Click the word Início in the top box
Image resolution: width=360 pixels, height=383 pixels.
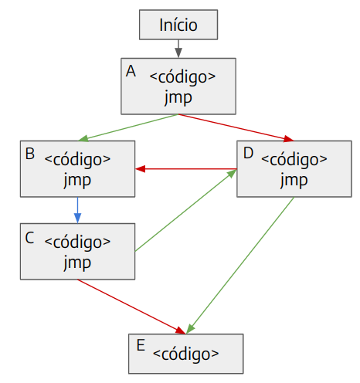178,25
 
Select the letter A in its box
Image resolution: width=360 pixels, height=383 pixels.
131,71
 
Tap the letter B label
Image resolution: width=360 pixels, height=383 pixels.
30,154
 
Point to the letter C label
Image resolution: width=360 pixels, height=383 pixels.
29,238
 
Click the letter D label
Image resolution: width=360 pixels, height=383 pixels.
248,153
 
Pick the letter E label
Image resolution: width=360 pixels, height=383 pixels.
141,345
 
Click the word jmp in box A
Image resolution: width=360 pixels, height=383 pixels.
178,98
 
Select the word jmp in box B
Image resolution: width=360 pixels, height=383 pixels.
77,181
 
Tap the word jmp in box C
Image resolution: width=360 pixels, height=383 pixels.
77,263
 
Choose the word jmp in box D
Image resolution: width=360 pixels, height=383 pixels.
294,181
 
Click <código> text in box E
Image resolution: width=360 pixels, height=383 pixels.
185,354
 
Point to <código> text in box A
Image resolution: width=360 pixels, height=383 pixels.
182,77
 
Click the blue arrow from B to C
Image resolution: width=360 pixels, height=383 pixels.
77,210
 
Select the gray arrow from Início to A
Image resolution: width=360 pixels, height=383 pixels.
178,49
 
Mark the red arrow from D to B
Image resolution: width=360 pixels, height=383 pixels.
186,169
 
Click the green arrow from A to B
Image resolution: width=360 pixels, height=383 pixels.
127,127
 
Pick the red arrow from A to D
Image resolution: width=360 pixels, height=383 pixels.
236,128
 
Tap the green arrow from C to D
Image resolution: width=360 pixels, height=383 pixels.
185,210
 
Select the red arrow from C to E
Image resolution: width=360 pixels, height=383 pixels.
131,307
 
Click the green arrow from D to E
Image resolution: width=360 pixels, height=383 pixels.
239,266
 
